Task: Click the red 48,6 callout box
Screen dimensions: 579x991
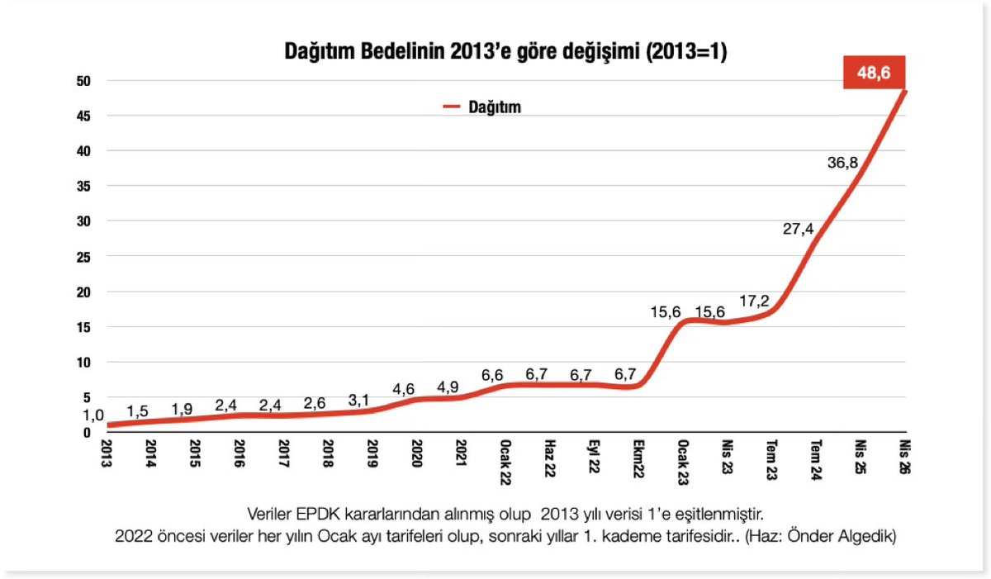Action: coord(875,74)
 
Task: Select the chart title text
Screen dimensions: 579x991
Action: coord(505,52)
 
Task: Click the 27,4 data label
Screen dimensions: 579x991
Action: coord(799,229)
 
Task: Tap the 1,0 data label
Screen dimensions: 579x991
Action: coord(94,415)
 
